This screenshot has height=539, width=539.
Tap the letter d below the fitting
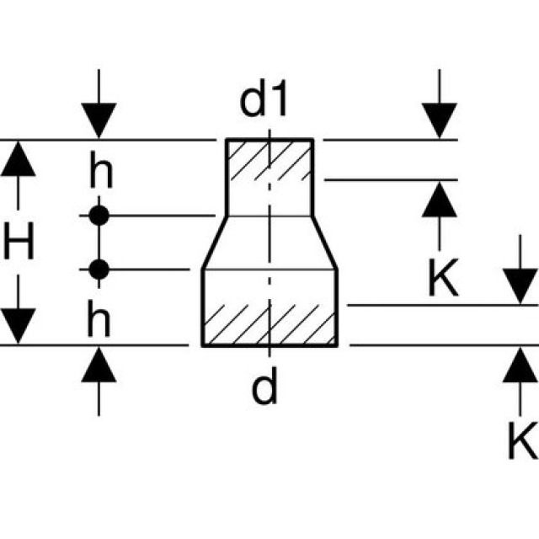click(264, 388)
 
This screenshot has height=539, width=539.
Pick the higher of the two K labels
click(442, 279)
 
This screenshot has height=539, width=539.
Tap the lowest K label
click(521, 440)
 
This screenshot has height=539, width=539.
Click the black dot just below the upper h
click(99, 215)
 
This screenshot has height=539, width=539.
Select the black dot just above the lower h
click(99, 269)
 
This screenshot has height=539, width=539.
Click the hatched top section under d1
click(269, 159)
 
